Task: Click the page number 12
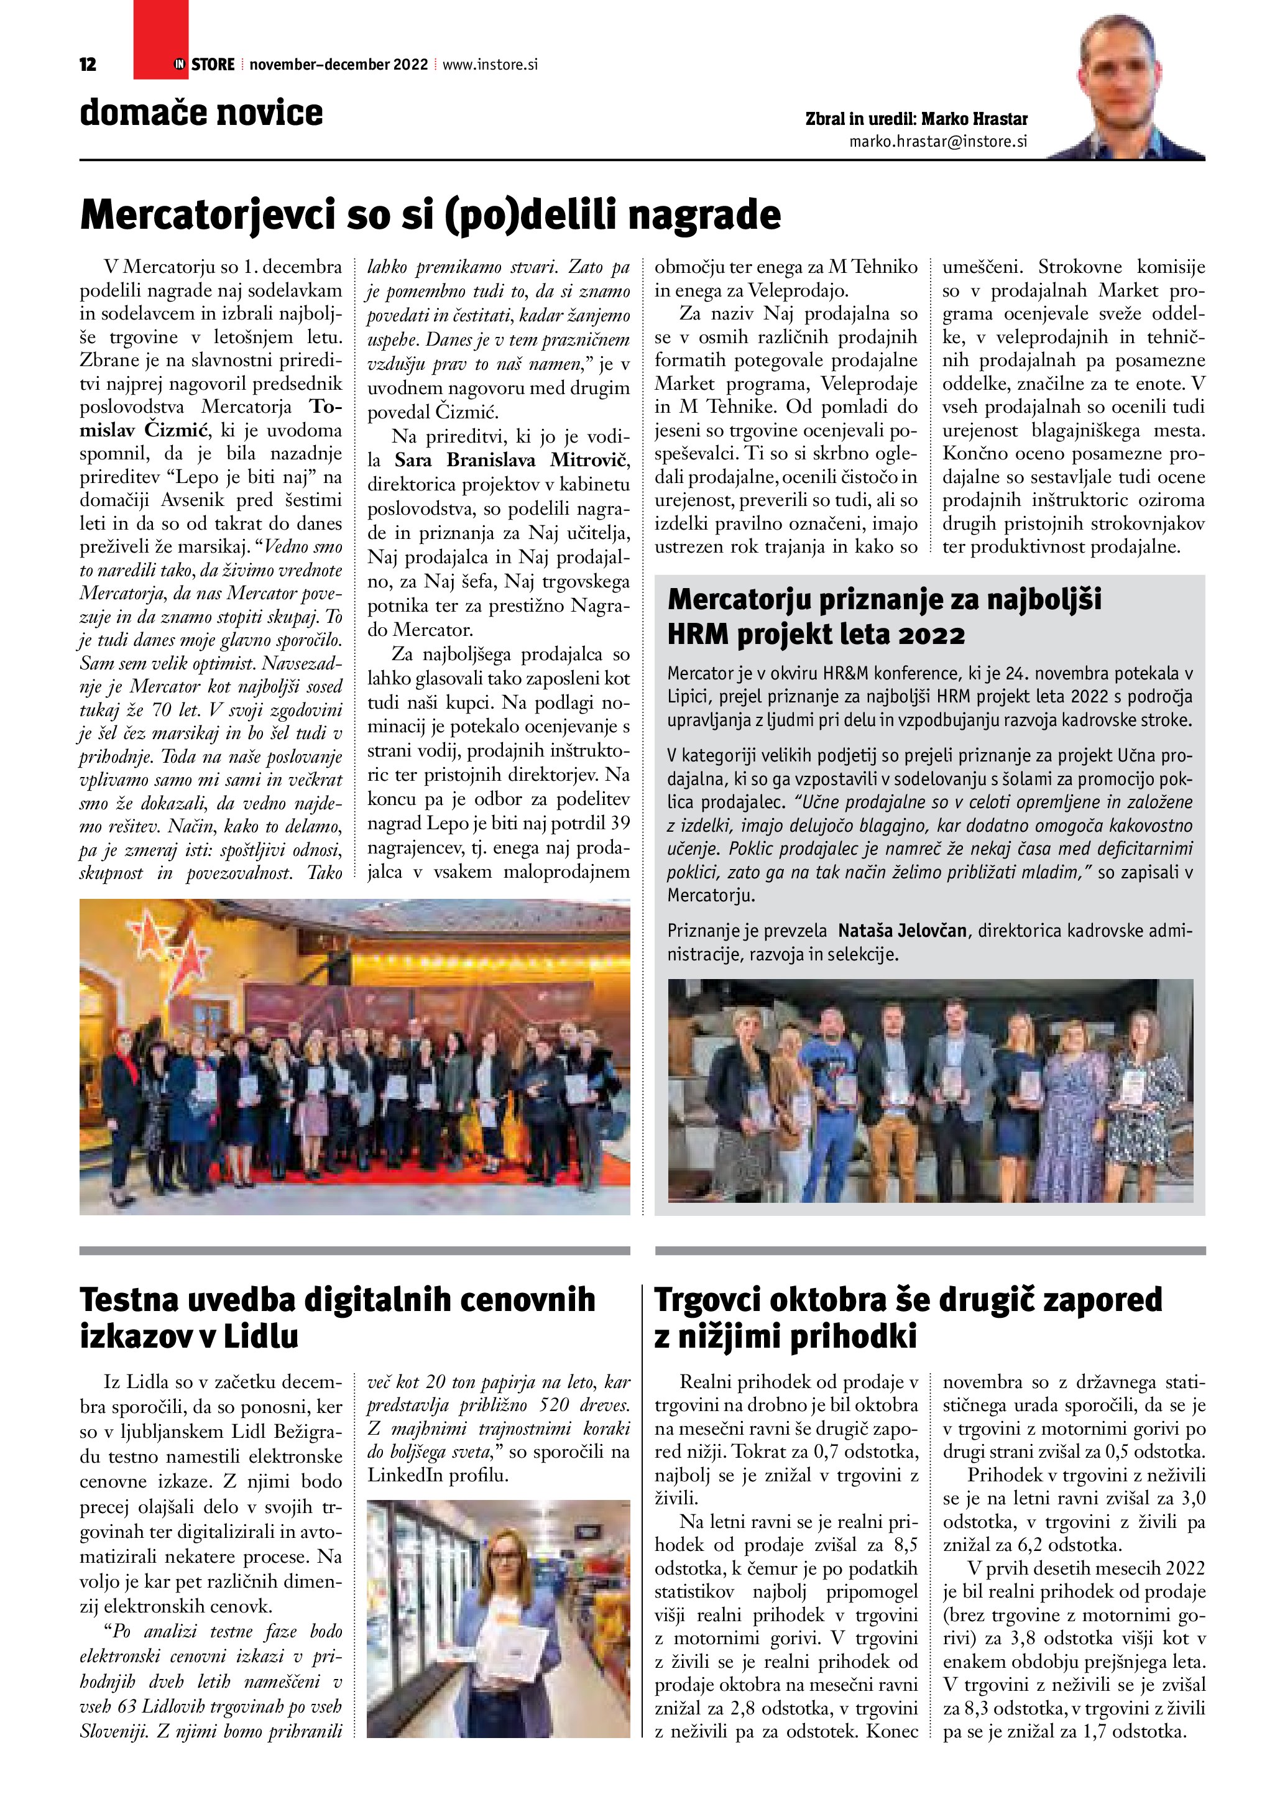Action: click(x=88, y=65)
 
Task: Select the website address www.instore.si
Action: click(x=490, y=65)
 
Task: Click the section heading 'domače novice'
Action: click(x=201, y=113)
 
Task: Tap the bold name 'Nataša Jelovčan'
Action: click(x=902, y=930)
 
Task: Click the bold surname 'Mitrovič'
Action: click(x=589, y=460)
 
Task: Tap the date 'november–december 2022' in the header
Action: click(x=339, y=65)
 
